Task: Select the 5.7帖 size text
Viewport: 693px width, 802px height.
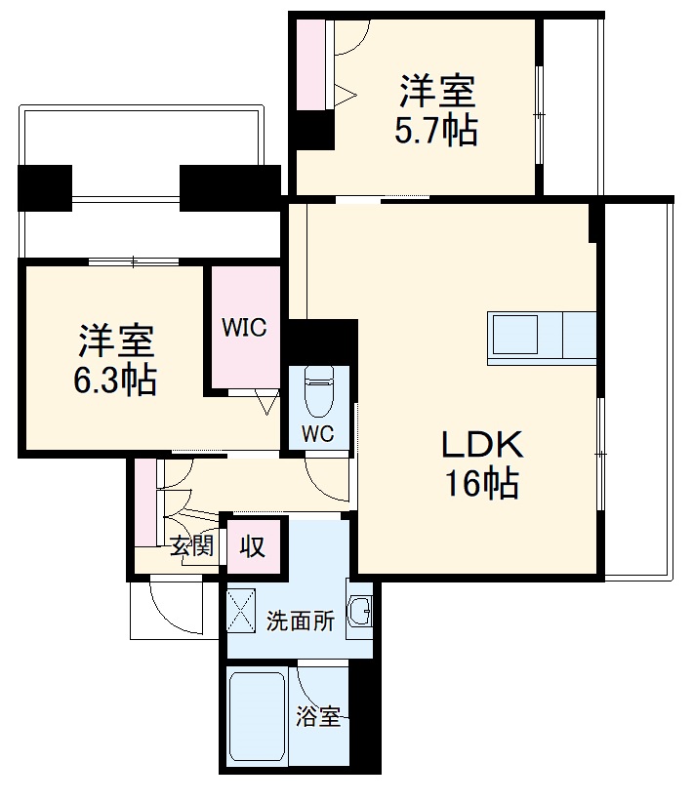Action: [x=435, y=131]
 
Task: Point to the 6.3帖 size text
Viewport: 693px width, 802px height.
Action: [x=115, y=381]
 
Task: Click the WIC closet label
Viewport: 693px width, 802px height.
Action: [x=243, y=328]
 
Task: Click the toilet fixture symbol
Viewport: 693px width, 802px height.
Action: [x=319, y=390]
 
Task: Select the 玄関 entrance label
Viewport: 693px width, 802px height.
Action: [x=191, y=546]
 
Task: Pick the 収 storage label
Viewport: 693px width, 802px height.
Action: [x=253, y=546]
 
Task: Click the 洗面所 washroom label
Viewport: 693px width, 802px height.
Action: [x=301, y=622]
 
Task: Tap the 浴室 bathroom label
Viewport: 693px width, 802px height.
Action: [x=318, y=717]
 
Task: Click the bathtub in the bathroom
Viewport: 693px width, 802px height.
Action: [x=256, y=717]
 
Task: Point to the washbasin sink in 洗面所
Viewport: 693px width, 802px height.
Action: [x=360, y=613]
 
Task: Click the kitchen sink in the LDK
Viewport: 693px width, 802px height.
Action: [x=515, y=337]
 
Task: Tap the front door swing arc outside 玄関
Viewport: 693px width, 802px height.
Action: [x=166, y=610]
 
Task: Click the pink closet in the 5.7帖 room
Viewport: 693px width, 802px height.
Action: [x=310, y=62]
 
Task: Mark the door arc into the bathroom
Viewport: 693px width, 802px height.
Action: [x=322, y=683]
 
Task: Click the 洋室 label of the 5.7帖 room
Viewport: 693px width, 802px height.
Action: [x=435, y=94]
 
